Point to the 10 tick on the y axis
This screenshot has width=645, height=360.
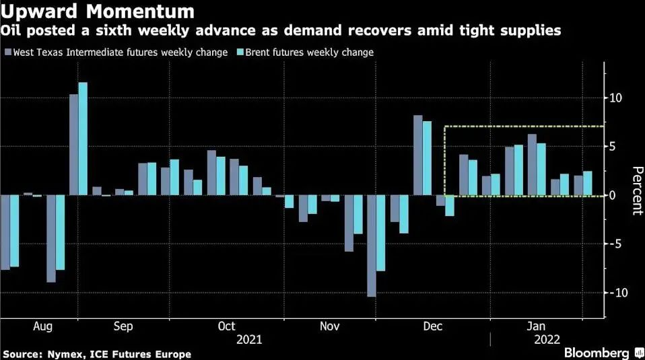[615, 98]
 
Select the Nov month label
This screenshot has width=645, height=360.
[329, 326]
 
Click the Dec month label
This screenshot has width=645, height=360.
[432, 326]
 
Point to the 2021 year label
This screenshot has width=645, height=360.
[249, 340]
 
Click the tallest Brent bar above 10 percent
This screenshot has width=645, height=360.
[83, 139]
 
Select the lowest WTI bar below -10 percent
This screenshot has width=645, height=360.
[372, 246]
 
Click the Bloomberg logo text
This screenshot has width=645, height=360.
[597, 353]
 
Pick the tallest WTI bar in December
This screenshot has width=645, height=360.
[417, 155]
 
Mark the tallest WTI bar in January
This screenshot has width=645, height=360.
[532, 165]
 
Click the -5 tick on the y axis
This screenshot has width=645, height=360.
[615, 244]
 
